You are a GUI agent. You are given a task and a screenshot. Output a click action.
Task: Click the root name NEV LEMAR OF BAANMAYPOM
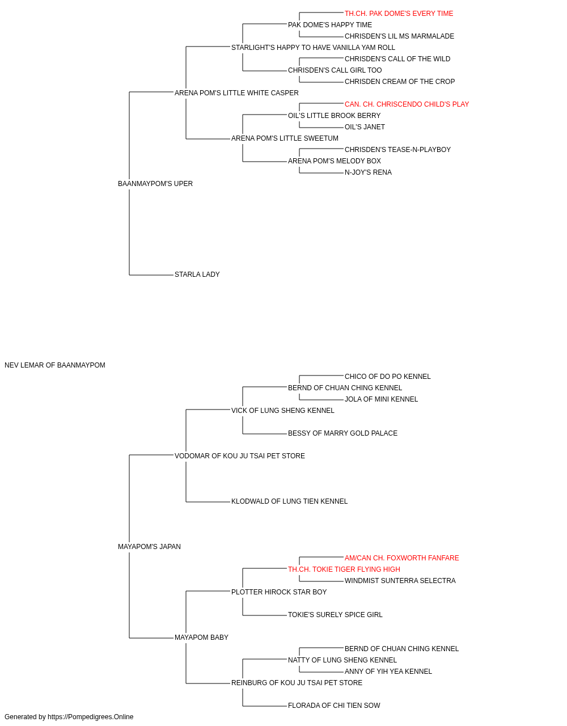tap(55, 365)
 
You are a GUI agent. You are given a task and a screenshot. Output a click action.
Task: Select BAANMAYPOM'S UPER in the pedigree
tap(155, 184)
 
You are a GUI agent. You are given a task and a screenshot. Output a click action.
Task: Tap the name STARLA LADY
tap(197, 275)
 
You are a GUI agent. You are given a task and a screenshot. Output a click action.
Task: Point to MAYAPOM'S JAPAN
tap(149, 547)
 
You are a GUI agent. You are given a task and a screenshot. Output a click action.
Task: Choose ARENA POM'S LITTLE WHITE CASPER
tap(236, 93)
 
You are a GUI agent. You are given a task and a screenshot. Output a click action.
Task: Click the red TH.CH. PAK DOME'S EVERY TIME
tap(399, 14)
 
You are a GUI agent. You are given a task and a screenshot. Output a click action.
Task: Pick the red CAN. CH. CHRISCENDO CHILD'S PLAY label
tap(407, 104)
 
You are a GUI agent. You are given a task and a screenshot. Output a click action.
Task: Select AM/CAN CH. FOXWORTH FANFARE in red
tap(401, 558)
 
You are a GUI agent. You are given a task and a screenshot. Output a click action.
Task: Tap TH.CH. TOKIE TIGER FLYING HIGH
tap(344, 569)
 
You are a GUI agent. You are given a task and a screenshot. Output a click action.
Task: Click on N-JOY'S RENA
tap(368, 172)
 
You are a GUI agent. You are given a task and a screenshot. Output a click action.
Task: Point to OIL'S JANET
tap(365, 127)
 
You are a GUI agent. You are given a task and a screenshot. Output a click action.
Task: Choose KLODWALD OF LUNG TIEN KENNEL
tap(289, 501)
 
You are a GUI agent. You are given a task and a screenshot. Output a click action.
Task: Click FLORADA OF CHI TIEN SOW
tap(334, 705)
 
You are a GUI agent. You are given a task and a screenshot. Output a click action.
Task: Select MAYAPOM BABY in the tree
tap(201, 638)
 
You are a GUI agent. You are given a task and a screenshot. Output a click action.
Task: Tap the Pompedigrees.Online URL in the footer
tap(90, 717)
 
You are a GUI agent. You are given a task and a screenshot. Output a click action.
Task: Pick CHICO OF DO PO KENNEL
tap(387, 377)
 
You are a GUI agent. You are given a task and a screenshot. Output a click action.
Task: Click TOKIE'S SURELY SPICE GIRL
tap(335, 615)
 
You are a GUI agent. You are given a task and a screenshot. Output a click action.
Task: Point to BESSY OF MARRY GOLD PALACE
tap(342, 433)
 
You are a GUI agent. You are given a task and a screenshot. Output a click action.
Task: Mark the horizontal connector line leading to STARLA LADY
tap(151, 275)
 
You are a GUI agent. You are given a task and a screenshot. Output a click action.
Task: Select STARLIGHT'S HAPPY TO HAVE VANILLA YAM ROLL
tap(313, 48)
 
